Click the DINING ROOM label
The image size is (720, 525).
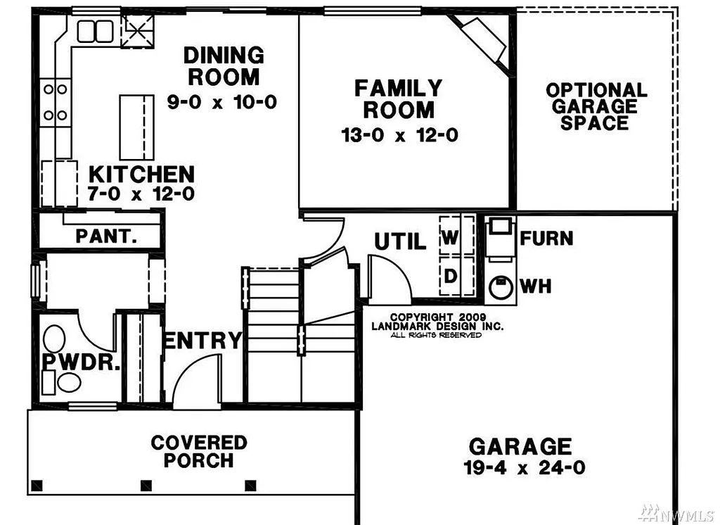223,65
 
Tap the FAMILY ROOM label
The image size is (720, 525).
399,99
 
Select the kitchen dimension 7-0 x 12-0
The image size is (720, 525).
141,194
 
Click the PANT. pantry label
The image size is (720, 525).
106,236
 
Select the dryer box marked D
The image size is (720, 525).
450,276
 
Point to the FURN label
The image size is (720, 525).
546,239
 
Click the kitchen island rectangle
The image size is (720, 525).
136,127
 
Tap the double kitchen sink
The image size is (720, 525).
96,31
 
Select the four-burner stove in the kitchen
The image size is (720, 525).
56,101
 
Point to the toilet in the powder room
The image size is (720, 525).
54,338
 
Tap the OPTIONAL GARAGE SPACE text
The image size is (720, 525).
596,106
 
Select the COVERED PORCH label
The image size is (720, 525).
199,451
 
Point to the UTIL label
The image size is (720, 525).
400,242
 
